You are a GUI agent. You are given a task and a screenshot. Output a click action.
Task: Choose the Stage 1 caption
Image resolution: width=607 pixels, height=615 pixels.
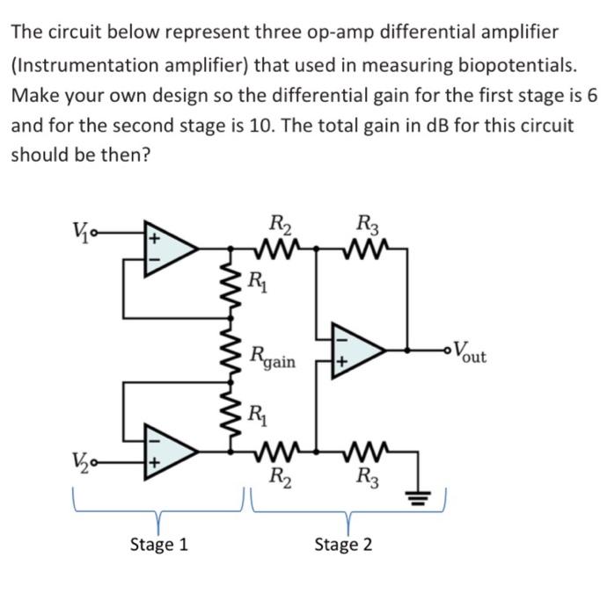click(159, 545)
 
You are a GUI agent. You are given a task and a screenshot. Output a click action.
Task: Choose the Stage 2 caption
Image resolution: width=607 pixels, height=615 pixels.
click(343, 545)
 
